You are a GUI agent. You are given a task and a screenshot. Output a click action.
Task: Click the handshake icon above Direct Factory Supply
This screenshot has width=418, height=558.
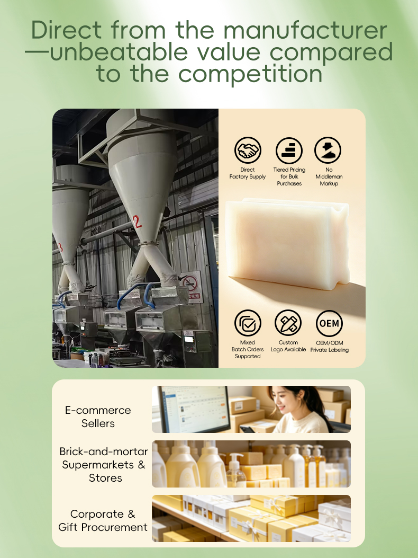click(248, 150)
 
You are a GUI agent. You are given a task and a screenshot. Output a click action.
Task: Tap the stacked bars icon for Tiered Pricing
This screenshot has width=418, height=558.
click(289, 150)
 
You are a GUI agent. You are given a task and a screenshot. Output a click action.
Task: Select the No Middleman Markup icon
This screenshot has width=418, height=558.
click(328, 150)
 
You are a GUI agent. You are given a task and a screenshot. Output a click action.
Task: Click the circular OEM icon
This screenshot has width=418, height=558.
click(329, 323)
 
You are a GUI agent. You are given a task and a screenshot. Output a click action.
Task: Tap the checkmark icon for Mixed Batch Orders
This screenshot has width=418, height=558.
click(248, 323)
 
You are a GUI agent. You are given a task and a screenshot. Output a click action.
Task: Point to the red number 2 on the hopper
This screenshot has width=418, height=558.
click(137, 222)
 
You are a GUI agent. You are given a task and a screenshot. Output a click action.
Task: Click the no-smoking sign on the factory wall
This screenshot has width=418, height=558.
click(191, 287)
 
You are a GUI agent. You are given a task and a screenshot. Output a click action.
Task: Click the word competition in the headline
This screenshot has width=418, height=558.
click(250, 74)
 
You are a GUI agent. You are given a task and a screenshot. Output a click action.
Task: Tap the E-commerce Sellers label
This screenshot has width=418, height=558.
click(98, 417)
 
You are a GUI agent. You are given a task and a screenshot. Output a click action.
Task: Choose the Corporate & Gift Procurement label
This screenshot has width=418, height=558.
click(103, 520)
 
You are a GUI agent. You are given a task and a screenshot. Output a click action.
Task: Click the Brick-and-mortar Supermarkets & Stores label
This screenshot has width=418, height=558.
click(103, 465)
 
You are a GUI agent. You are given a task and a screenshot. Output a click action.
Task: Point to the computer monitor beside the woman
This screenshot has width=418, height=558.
click(194, 409)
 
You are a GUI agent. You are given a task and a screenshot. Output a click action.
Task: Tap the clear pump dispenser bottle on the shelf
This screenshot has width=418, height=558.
click(235, 471)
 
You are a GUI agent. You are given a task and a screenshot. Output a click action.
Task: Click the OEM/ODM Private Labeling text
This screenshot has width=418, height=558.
click(330, 346)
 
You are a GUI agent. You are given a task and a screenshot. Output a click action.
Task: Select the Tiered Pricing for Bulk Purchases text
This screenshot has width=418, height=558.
click(289, 176)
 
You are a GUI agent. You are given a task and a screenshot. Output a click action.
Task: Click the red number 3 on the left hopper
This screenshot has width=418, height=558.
click(60, 247)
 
